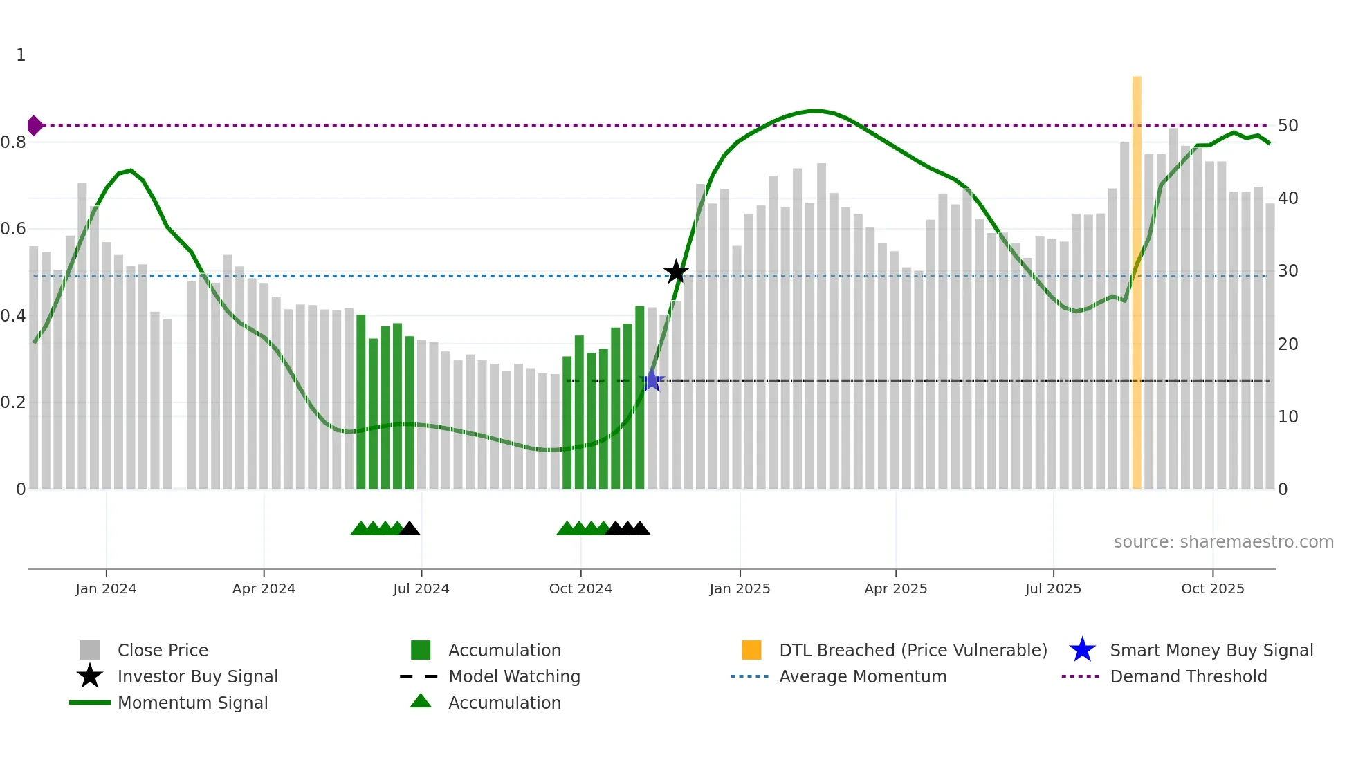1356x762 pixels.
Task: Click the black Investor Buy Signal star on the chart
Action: pyautogui.click(x=676, y=272)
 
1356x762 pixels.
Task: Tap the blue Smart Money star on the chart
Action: pyautogui.click(x=652, y=380)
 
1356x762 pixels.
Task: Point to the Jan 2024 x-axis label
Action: pyautogui.click(x=106, y=588)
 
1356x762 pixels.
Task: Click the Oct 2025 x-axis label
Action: pyautogui.click(x=1212, y=588)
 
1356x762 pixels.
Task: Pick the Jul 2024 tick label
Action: pyautogui.click(x=421, y=588)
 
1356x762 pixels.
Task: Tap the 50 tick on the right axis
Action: pyautogui.click(x=1288, y=126)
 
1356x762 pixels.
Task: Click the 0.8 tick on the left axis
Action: pyautogui.click(x=14, y=142)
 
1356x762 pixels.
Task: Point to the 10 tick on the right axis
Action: pyautogui.click(x=1288, y=416)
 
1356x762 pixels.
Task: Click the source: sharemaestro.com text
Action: pyautogui.click(x=1223, y=542)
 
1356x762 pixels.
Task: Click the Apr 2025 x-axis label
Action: pyautogui.click(x=895, y=588)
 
